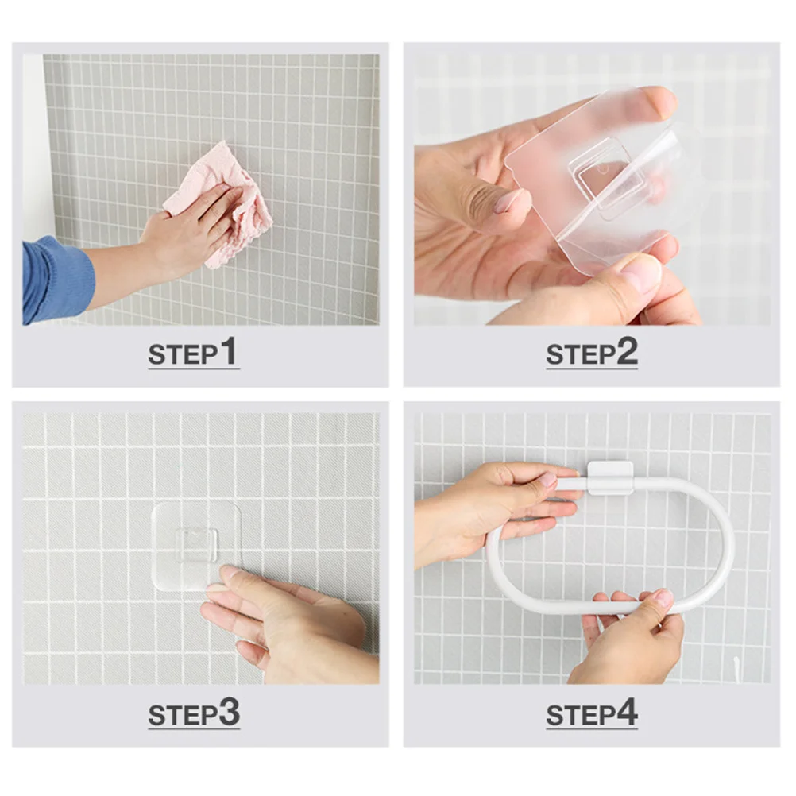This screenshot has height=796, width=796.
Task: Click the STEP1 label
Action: tap(193, 353)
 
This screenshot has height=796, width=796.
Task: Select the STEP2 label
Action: tap(592, 354)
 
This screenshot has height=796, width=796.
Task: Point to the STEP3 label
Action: tap(193, 713)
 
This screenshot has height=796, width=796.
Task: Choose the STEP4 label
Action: tap(592, 713)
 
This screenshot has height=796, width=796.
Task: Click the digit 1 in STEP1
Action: tap(229, 351)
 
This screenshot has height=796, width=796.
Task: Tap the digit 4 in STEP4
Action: tap(628, 713)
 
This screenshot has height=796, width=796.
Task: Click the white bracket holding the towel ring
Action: tap(610, 478)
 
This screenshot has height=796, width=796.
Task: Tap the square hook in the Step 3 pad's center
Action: tap(197, 543)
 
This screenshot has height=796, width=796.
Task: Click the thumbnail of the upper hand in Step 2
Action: tap(508, 200)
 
